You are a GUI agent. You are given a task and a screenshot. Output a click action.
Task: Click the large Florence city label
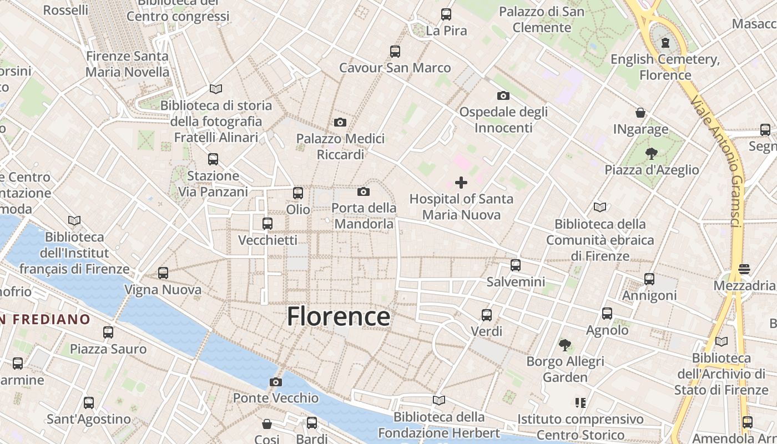click(338, 316)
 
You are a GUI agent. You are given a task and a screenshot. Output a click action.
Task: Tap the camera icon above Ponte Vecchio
click(275, 382)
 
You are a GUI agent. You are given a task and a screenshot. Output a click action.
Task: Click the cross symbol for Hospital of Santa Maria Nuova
click(461, 182)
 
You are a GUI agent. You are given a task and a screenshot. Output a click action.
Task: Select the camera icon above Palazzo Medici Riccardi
click(340, 122)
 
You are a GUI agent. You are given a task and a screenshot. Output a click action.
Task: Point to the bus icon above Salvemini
click(516, 265)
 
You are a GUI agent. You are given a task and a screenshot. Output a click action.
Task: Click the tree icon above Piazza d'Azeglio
click(651, 153)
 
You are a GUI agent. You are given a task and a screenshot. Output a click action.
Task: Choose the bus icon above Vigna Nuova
click(163, 273)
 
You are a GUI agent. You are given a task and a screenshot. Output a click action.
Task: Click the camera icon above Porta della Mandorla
click(364, 191)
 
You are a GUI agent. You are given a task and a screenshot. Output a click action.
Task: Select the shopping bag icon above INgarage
click(640, 113)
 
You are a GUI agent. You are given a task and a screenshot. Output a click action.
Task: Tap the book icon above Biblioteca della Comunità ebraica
click(599, 208)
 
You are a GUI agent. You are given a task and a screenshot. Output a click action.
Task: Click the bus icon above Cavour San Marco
click(395, 52)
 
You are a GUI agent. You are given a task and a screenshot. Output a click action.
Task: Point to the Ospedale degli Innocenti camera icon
click(503, 95)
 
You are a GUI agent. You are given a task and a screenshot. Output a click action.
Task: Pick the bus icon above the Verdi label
click(486, 315)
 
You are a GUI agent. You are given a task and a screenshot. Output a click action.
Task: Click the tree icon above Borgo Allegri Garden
click(565, 345)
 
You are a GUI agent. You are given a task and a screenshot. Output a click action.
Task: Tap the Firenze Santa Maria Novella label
click(127, 64)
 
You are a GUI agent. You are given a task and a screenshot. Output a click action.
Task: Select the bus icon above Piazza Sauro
click(108, 332)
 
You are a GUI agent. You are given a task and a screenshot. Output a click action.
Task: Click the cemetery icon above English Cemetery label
click(665, 43)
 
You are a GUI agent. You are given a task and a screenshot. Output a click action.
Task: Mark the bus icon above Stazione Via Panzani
click(213, 159)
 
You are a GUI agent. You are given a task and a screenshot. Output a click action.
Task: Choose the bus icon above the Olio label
click(298, 193)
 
